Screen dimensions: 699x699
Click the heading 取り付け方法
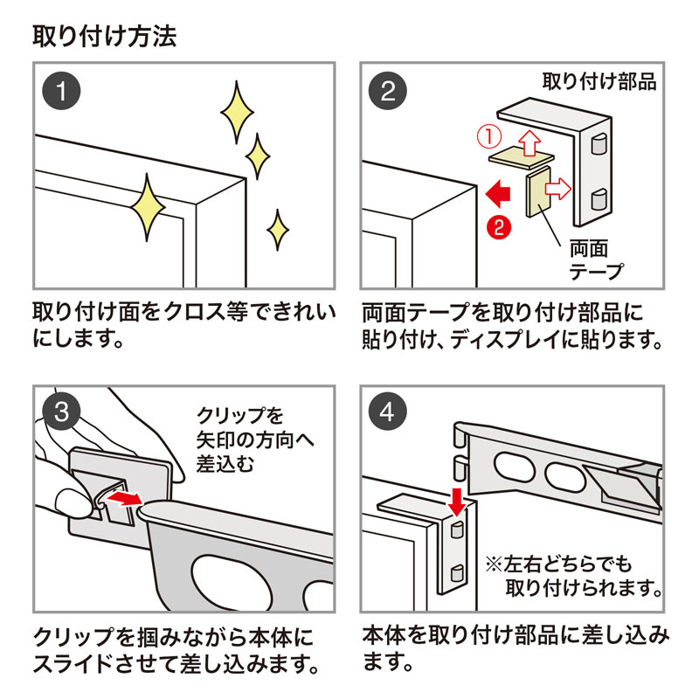[x=104, y=36]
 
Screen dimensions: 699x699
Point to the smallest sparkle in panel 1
[x=277, y=229]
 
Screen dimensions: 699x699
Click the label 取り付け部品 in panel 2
[x=599, y=83]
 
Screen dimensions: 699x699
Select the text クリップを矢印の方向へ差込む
[x=240, y=439]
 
